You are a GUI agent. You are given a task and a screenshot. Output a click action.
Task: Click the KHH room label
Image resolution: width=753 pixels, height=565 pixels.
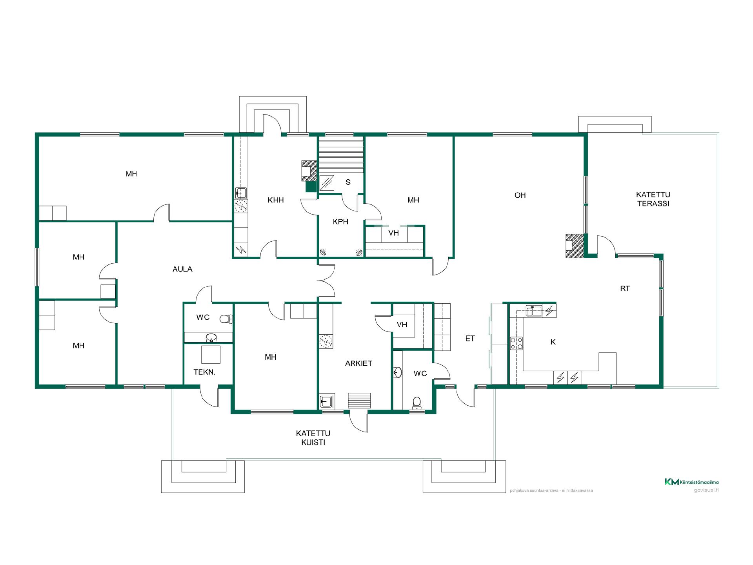point(276,200)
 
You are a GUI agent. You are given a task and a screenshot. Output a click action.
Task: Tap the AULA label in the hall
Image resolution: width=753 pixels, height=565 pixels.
point(182,269)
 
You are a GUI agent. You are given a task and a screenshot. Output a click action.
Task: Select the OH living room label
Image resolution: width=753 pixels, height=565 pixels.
point(520,195)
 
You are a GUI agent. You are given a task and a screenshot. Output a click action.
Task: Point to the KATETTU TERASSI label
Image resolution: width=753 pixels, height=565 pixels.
point(653,199)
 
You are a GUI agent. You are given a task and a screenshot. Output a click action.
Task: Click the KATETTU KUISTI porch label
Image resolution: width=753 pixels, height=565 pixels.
point(313,438)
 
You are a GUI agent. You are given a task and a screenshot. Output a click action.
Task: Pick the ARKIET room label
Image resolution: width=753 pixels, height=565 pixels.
point(358,363)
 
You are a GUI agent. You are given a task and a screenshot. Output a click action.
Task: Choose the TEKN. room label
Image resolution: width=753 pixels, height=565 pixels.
point(204,372)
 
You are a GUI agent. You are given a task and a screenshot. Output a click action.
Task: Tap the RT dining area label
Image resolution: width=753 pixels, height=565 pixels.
point(625,288)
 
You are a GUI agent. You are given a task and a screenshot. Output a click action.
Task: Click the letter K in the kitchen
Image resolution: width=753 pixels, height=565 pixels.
point(553,342)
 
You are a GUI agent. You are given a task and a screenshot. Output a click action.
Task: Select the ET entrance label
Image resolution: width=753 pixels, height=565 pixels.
point(470,338)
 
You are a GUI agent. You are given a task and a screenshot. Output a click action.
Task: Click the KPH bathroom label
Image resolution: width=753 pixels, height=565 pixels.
point(340,222)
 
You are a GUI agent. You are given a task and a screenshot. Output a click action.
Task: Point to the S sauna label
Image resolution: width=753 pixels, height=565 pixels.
point(348,182)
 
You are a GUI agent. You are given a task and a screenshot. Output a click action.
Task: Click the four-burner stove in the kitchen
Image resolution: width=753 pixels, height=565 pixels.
point(517,343)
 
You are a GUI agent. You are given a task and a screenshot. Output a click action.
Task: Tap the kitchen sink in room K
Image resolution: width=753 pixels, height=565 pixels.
point(534,311)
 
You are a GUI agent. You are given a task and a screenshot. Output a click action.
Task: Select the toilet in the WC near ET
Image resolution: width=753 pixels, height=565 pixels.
point(417,403)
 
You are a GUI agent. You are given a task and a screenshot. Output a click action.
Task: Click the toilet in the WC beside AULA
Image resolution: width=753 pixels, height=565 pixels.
point(226,319)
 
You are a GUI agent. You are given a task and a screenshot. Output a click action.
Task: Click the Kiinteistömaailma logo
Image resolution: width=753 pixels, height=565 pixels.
point(691,482)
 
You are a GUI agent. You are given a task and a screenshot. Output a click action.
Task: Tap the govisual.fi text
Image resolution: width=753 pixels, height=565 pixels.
point(706,490)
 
